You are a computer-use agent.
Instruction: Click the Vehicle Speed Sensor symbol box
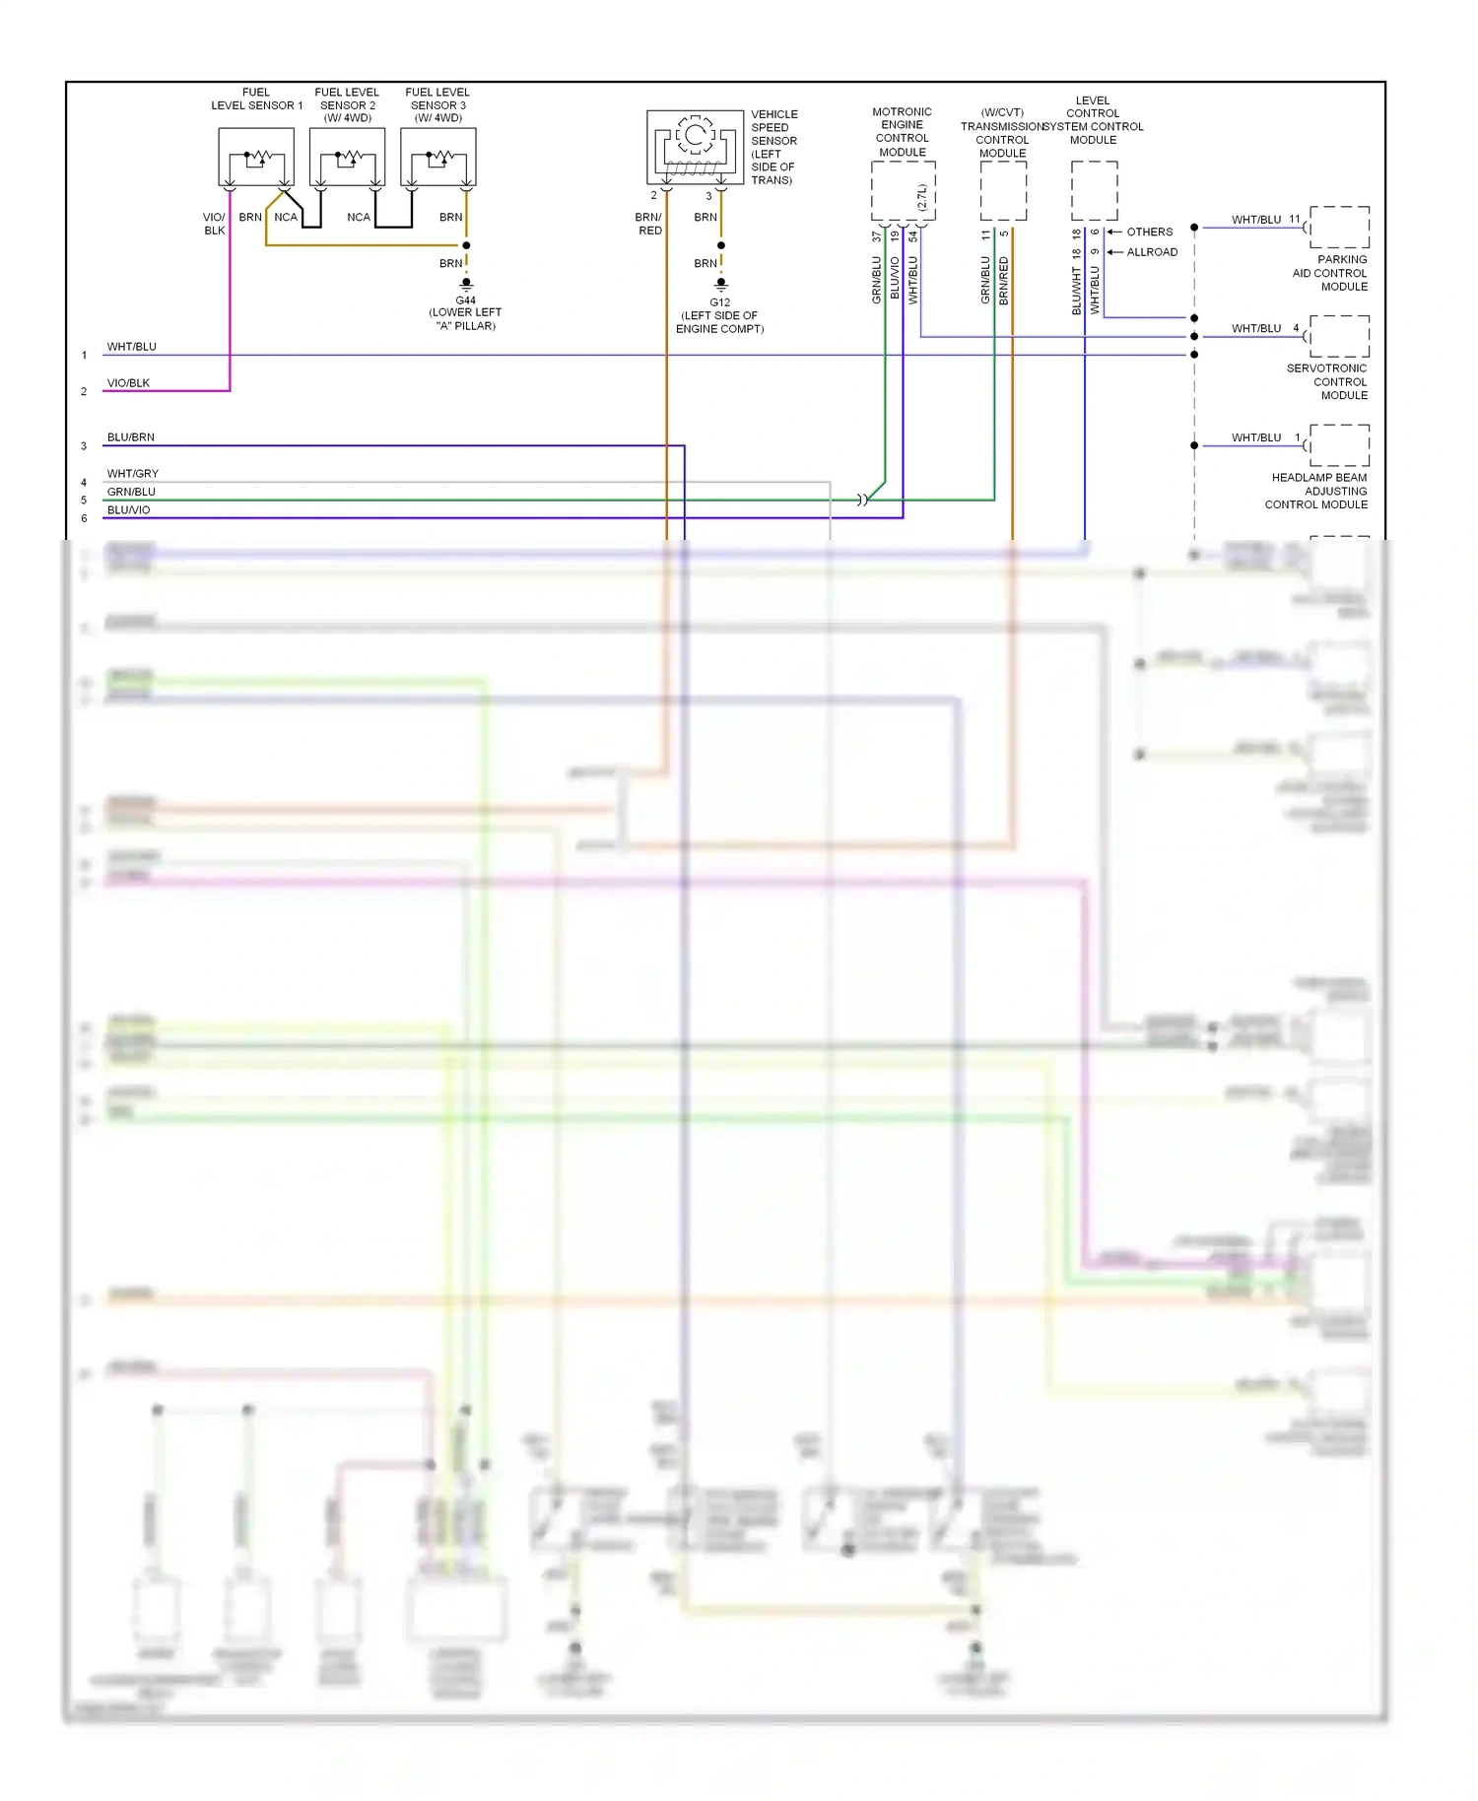(x=695, y=147)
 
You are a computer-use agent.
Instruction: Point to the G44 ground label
(x=465, y=300)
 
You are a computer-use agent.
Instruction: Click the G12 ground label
(x=719, y=302)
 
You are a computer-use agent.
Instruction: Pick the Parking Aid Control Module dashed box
(x=1339, y=228)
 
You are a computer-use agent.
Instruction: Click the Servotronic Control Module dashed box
(x=1339, y=337)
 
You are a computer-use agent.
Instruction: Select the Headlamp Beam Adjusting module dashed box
(x=1339, y=445)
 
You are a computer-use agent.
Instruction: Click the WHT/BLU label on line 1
(x=131, y=347)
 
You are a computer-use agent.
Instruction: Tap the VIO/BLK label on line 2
(x=128, y=383)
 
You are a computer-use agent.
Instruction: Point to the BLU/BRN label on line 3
(x=130, y=437)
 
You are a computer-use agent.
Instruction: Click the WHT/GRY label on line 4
(x=132, y=474)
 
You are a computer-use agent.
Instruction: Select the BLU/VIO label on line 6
(x=128, y=510)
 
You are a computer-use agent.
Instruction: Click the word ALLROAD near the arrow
(x=1152, y=252)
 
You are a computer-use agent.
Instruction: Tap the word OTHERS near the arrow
(x=1150, y=233)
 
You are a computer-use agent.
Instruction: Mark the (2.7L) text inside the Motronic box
(x=922, y=198)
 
